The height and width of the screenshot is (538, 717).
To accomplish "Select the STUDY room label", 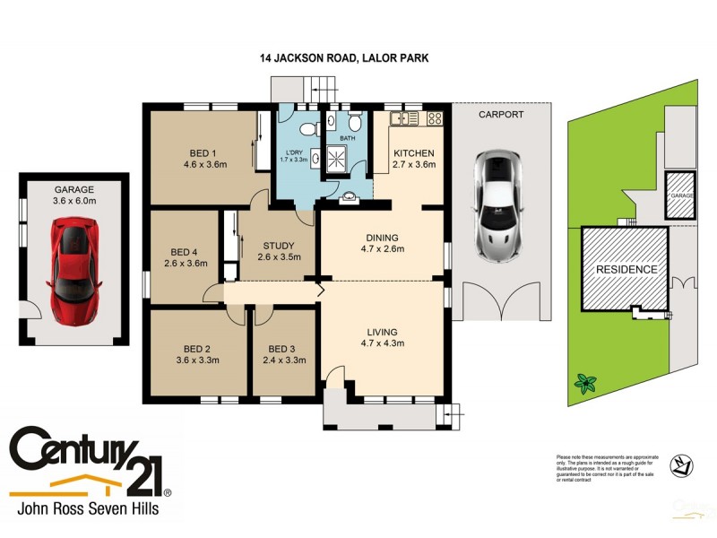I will coord(278,247).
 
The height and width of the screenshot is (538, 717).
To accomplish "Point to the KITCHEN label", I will coord(413,153).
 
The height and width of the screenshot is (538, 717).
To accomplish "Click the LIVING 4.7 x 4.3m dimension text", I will coord(381,342).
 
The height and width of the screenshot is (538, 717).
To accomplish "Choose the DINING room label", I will coord(381,238).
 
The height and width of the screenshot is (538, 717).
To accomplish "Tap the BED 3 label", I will coord(281,349).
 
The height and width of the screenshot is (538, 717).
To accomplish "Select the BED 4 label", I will coord(185,252).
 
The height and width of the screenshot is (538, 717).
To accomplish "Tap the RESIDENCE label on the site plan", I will coord(627,269).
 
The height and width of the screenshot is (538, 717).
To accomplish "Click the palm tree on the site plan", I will coord(586,384).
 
